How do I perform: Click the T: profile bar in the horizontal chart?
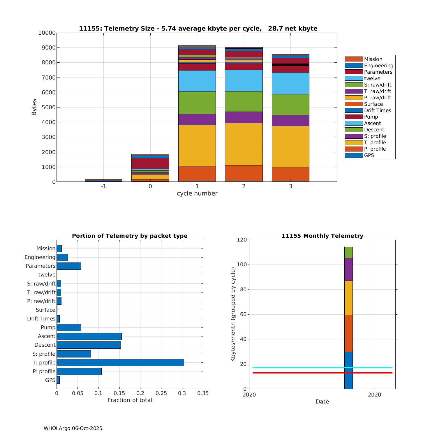pos(120,362)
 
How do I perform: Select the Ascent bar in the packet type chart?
pos(89,336)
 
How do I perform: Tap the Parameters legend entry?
pos(378,72)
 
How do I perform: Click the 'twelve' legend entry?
pos(372,78)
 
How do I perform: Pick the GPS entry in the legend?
pos(369,155)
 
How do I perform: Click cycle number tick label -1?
pos(103,186)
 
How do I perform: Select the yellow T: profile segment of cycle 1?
pos(197,145)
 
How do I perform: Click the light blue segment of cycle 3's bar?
pos(290,83)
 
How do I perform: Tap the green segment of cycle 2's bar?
pos(244,101)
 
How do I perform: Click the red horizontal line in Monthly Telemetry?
pos(291,373)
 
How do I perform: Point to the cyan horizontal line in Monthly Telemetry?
pos(291,368)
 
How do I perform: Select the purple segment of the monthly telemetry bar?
pos(348,269)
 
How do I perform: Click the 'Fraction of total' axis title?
pos(130,400)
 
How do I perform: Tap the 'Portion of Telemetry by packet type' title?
pos(130,236)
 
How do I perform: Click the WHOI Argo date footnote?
pos(73,428)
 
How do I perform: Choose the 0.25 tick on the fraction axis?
pos(161,393)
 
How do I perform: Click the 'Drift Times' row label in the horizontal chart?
pos(41,319)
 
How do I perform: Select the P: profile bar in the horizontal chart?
pos(79,371)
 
